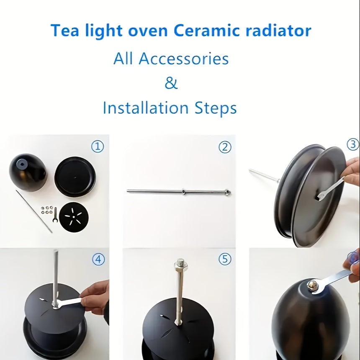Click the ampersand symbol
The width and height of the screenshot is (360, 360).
coord(171,83)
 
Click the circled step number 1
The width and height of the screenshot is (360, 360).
coord(98,147)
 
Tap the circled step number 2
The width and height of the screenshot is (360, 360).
coord(225,147)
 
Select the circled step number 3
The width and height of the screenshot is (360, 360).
coord(353,144)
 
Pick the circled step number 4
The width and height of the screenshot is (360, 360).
coord(98,260)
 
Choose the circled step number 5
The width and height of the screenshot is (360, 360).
coord(225,260)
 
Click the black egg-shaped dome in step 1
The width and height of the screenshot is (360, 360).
coord(28,172)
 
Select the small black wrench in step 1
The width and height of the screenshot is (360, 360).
coord(54,215)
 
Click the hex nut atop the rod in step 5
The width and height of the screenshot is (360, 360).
coord(181,263)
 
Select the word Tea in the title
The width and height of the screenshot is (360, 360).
coord(64,31)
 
